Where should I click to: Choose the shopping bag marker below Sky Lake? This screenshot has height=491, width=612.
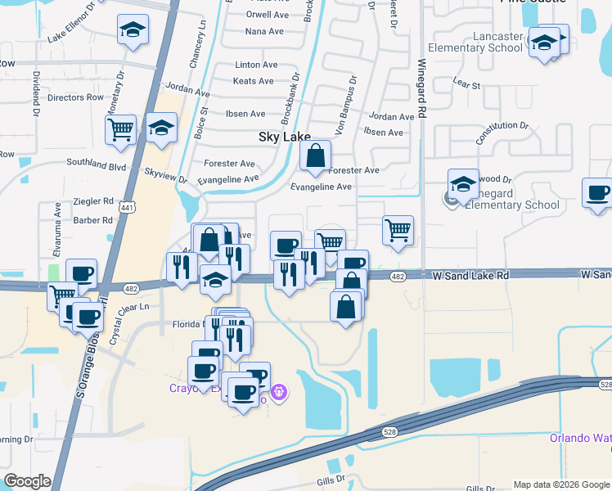(315, 155)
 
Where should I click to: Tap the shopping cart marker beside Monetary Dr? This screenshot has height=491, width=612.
(120, 129)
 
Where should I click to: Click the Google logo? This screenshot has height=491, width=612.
(27, 481)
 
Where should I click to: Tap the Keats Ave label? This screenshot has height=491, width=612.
(254, 81)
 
